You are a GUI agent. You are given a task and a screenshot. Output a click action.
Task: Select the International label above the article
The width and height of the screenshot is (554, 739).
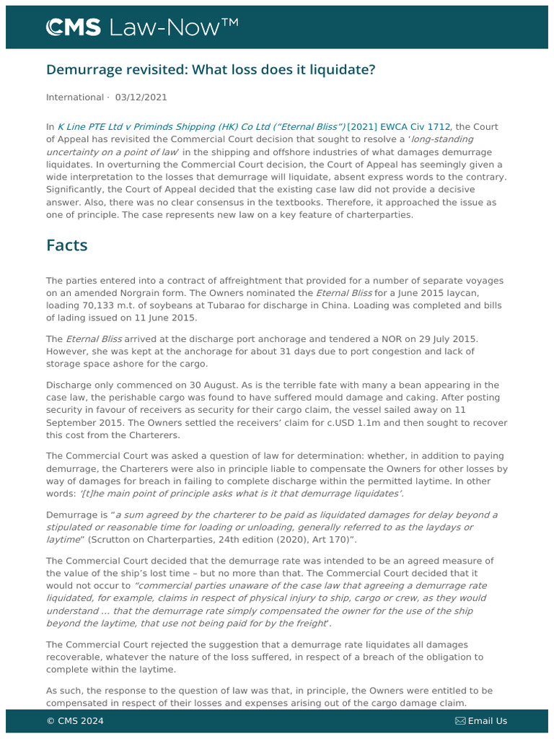coord(75,97)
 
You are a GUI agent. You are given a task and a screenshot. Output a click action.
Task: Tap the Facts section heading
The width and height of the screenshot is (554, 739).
coord(67,245)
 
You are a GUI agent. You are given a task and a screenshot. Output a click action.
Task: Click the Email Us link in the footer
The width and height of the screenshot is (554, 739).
coord(487,721)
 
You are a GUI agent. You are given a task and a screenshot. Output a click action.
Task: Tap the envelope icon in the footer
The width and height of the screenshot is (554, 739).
coord(460,721)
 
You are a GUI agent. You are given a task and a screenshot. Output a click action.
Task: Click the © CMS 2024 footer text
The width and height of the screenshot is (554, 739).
coord(75,721)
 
